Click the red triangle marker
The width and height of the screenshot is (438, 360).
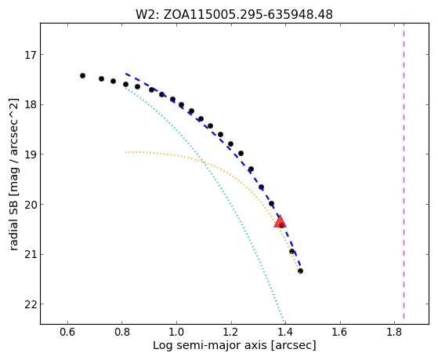280,221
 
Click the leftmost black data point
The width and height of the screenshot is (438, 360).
82,75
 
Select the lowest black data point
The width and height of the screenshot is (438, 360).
300,271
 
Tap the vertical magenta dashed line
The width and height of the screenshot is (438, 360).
404,171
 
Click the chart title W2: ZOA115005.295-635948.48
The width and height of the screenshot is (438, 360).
234,14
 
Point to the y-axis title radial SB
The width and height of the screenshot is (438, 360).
13,175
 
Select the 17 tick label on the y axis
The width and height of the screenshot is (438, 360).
30,55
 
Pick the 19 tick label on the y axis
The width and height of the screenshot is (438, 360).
30,155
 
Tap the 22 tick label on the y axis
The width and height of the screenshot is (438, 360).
30,304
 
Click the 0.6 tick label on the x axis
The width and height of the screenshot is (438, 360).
67,332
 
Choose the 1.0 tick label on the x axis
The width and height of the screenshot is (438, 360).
176,332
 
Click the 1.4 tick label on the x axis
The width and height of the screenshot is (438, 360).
285,332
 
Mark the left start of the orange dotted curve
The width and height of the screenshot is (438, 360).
126,152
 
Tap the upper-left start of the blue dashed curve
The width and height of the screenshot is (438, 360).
126,74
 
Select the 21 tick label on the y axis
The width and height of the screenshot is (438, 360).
30,255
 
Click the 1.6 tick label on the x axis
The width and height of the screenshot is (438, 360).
340,332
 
